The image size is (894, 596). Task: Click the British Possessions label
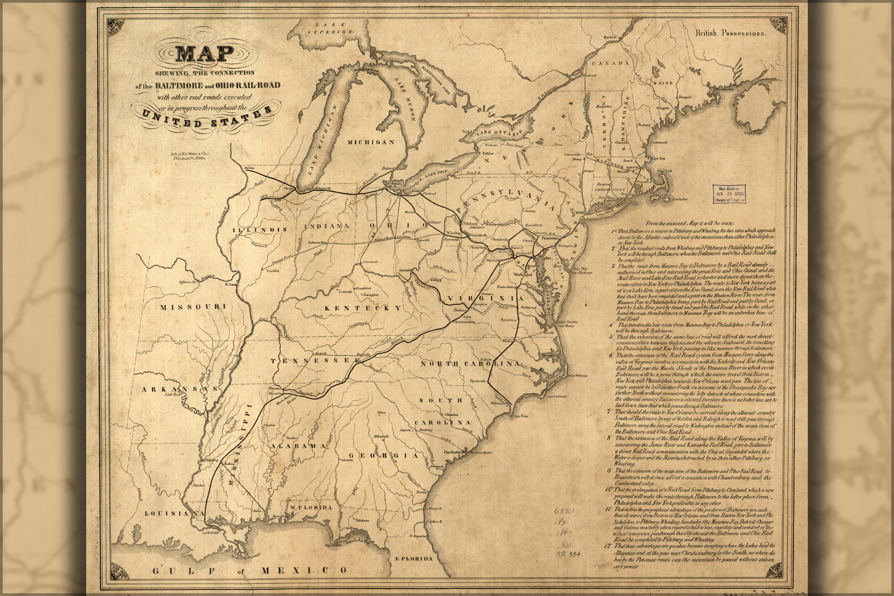point(731,33)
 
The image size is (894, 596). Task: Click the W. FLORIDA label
point(310,507)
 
